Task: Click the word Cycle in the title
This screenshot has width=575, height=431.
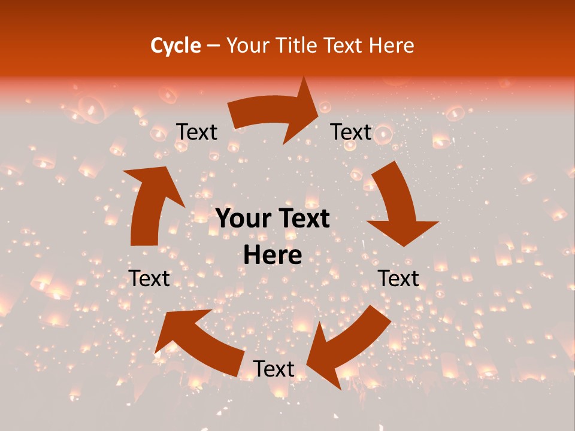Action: pos(175,45)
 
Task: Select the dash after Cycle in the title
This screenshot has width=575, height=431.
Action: pos(213,45)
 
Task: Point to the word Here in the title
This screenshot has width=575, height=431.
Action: pos(391,45)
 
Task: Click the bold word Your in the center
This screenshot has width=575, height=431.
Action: pos(242,219)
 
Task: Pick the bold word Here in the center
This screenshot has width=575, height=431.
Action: pos(273,256)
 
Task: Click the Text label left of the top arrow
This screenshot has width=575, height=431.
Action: pos(197,132)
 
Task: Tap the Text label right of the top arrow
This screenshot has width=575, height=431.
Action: pos(351,132)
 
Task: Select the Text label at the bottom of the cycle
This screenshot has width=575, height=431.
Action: pos(274,369)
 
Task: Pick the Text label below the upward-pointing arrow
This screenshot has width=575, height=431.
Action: pos(150,278)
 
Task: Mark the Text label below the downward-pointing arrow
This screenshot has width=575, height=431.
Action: pos(398,278)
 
